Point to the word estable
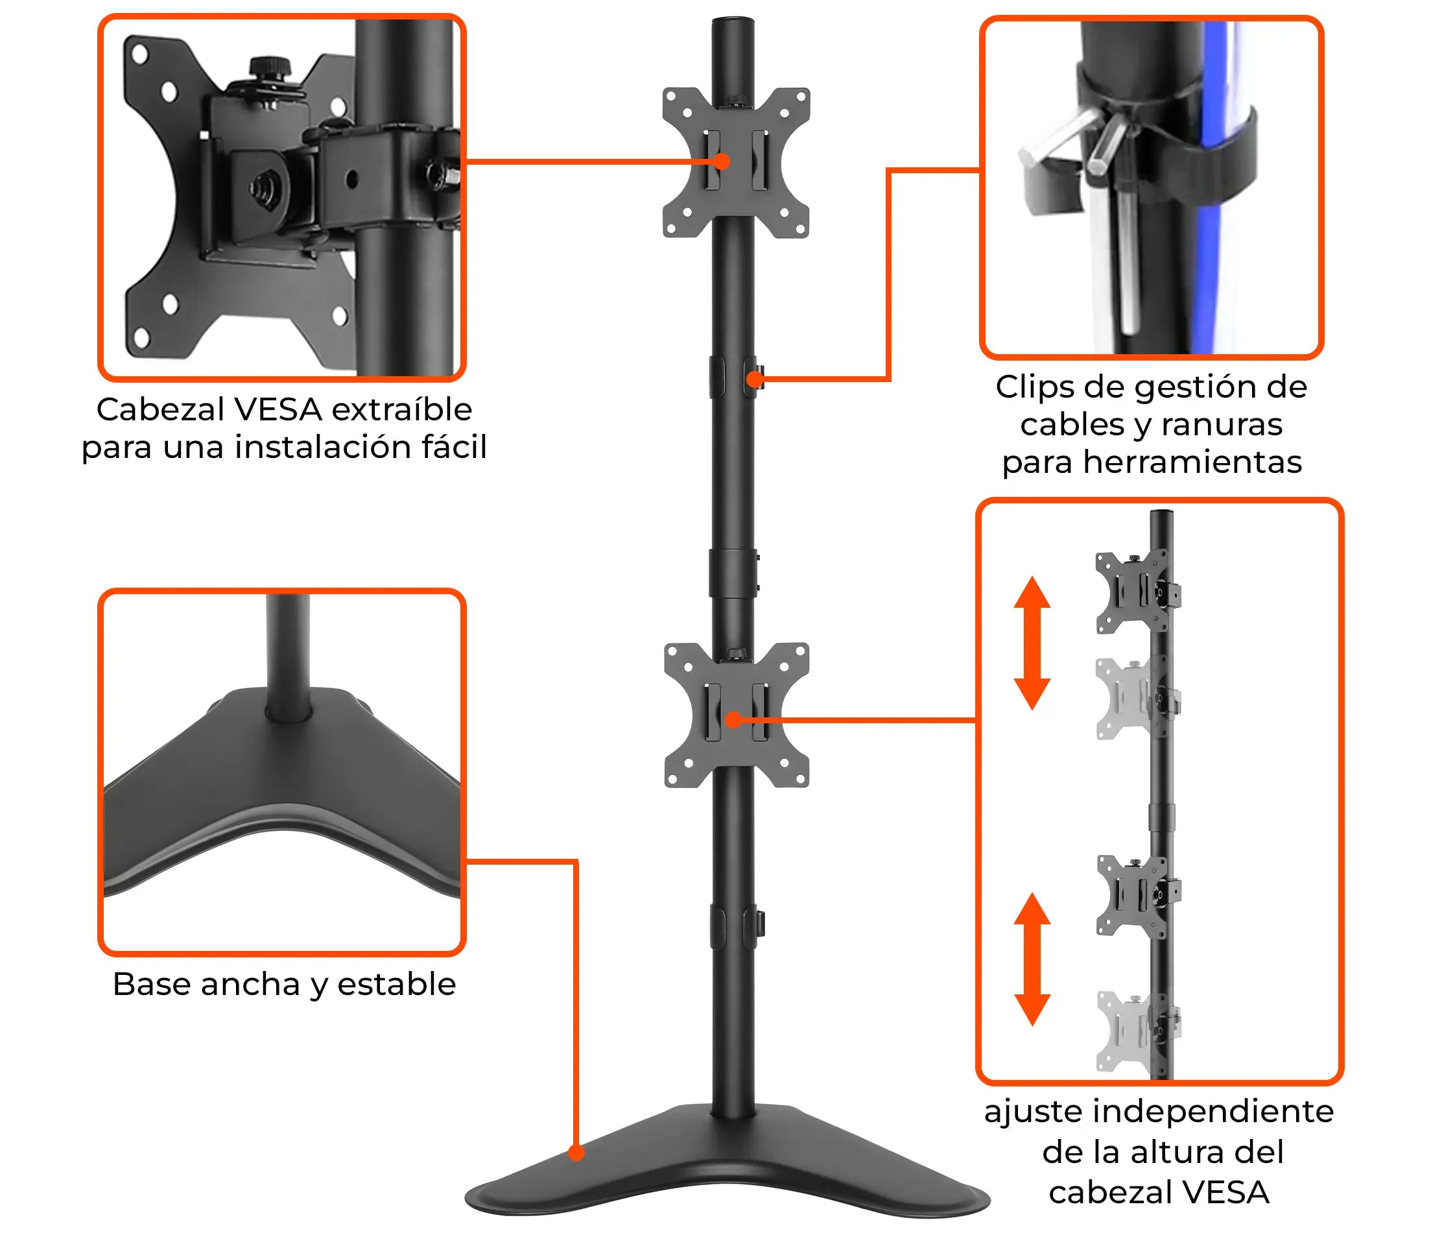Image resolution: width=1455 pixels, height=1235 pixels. point(397,984)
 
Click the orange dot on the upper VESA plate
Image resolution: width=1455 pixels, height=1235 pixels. point(722,162)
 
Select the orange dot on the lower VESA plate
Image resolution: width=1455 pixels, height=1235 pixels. point(733,720)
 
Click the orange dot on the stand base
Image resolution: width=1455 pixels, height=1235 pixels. point(576,1153)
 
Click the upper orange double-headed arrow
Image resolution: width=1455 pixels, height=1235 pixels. point(1032,643)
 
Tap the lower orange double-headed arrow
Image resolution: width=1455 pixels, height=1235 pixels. point(1032,959)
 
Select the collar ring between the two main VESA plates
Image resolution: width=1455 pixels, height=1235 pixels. point(733,573)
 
